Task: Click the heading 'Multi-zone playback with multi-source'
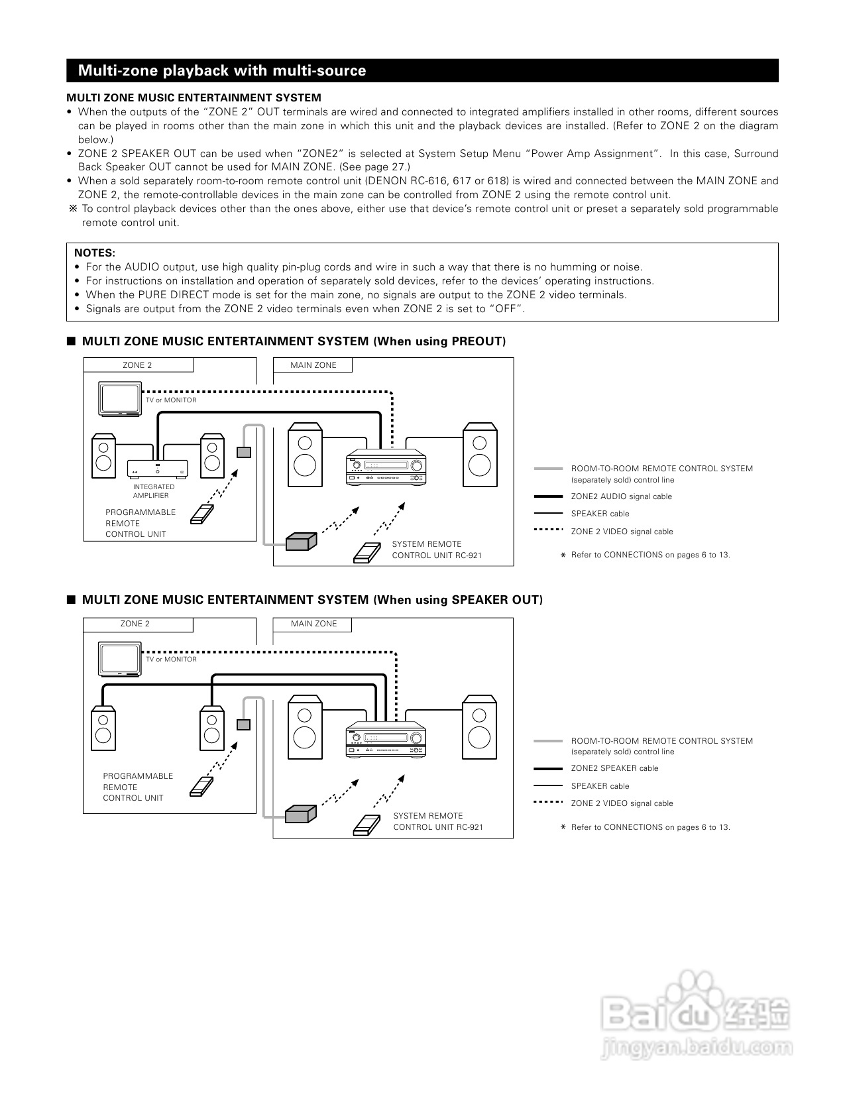point(222,71)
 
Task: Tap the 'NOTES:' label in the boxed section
point(95,253)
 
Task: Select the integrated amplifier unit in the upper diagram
point(157,468)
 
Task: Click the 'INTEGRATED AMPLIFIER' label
point(154,491)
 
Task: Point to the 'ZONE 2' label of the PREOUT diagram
point(137,365)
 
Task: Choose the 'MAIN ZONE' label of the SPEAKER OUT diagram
point(313,624)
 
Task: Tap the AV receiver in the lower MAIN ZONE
point(384,739)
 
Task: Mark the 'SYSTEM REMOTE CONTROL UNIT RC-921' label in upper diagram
point(436,549)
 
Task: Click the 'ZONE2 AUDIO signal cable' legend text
point(621,496)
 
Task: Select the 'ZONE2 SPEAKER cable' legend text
point(614,768)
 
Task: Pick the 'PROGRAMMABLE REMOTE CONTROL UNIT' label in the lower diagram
point(138,787)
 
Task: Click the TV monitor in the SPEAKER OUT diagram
point(120,659)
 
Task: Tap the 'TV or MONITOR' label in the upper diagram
point(171,400)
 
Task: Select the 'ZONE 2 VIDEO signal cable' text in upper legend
point(622,532)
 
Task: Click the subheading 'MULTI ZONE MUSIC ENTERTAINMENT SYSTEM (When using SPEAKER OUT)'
point(311,600)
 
